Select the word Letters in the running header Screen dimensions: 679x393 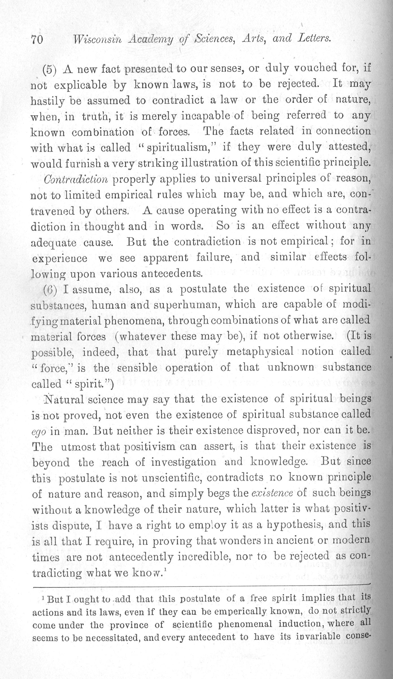pos(314,38)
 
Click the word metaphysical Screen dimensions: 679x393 pos(260,352)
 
